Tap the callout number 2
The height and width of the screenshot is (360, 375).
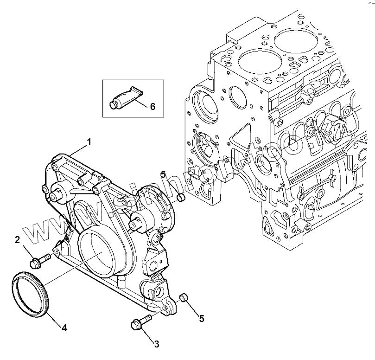(x=17, y=240)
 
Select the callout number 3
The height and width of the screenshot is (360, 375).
(x=157, y=344)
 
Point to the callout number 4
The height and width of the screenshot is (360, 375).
(x=64, y=328)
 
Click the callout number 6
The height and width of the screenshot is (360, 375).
(x=153, y=106)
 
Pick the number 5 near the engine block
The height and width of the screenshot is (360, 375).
(x=163, y=175)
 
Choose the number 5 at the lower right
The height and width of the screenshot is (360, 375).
(x=202, y=318)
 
